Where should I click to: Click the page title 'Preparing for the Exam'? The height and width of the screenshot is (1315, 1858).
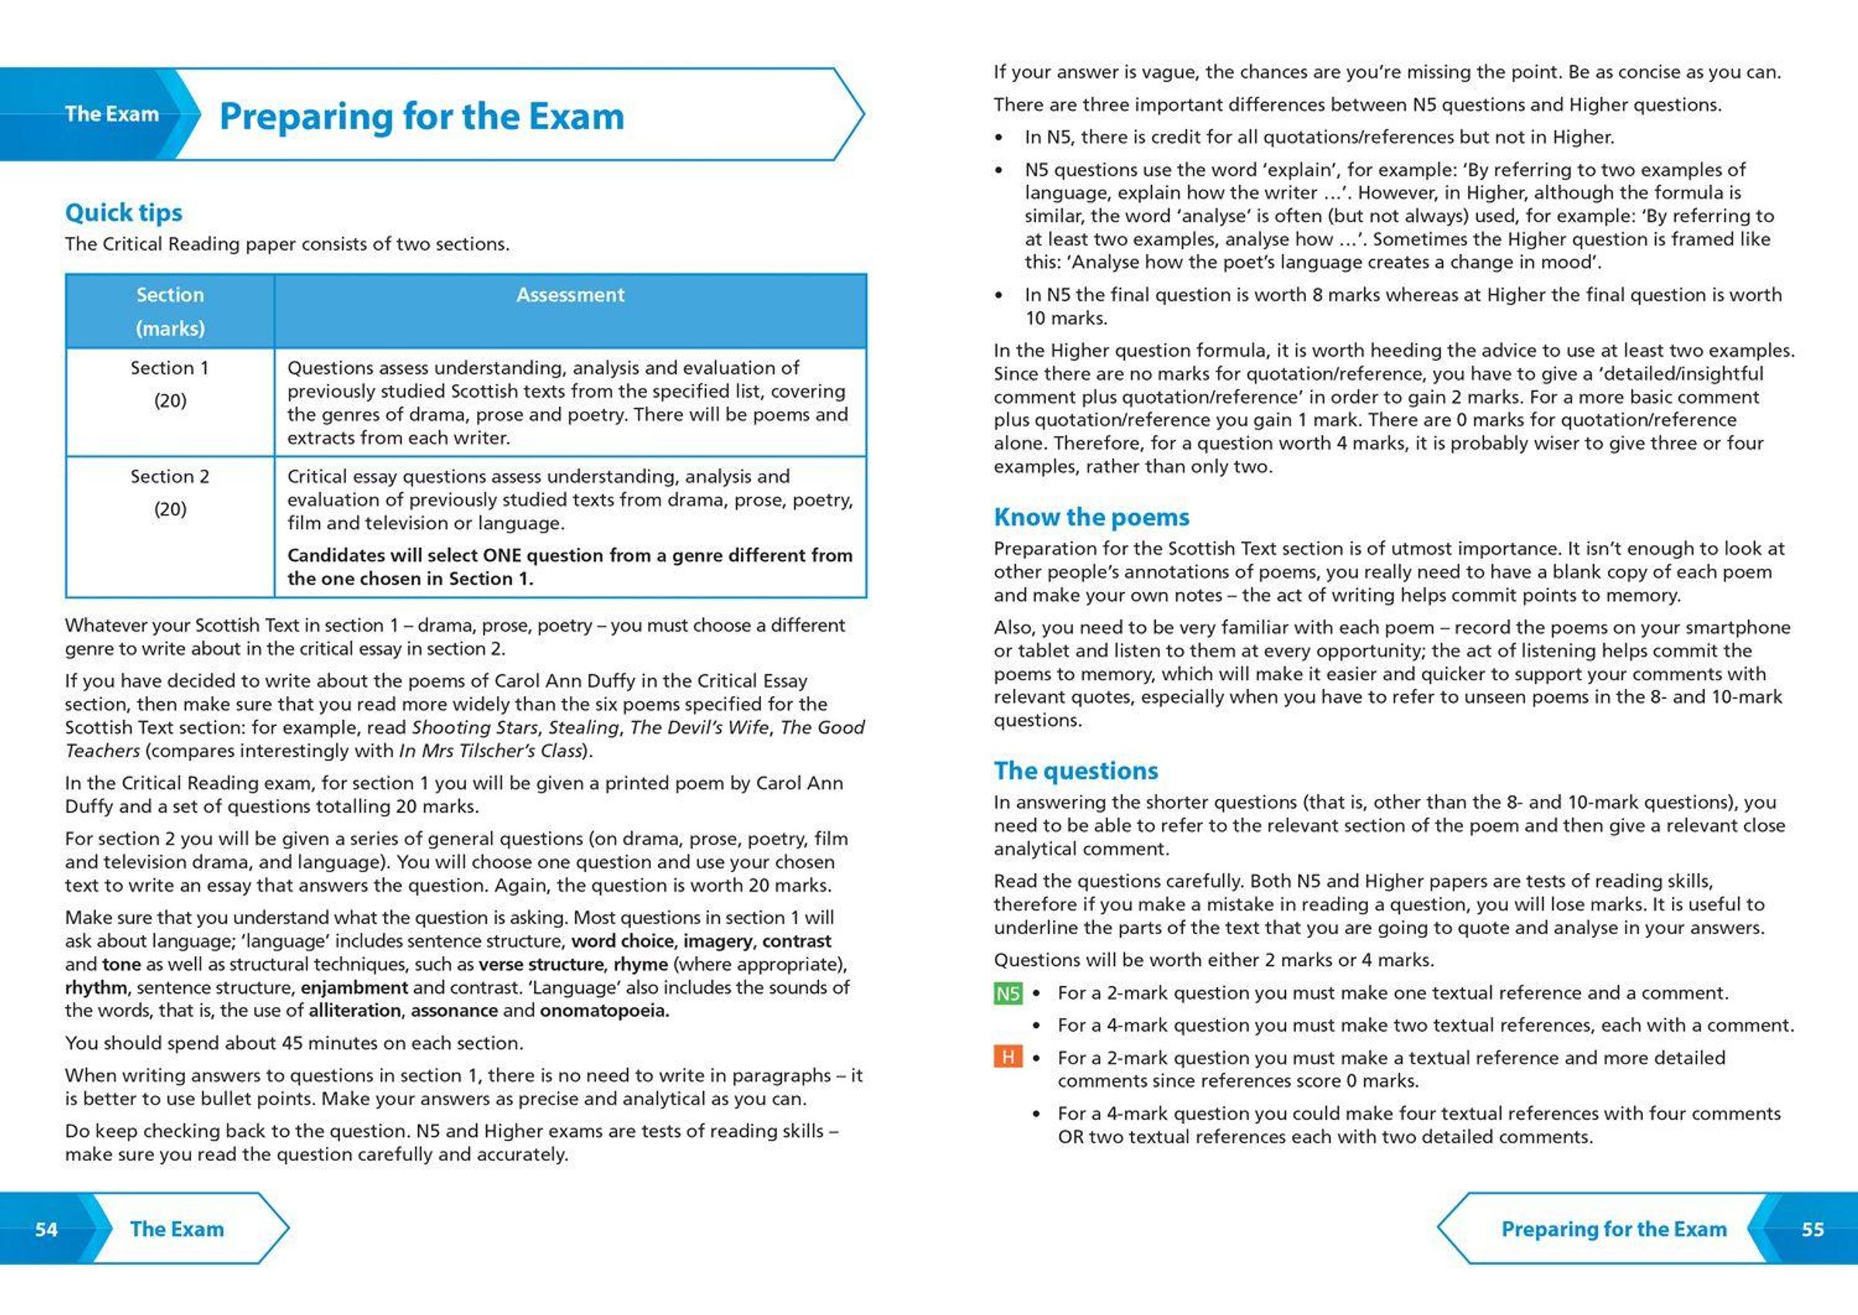[x=421, y=117]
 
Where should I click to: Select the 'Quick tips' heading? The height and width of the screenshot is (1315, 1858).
[x=123, y=212]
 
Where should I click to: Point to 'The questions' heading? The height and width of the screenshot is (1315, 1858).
[x=1075, y=770]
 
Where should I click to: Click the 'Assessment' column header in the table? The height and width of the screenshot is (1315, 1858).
[x=571, y=295]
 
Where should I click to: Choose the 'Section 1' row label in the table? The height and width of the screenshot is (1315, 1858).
[x=170, y=368]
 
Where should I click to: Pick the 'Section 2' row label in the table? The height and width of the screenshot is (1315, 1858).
[x=170, y=477]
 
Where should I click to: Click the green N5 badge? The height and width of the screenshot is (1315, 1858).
[x=1007, y=994]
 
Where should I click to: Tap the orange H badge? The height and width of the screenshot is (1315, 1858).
[x=1007, y=1057]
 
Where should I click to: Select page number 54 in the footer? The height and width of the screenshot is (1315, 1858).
[x=46, y=1229]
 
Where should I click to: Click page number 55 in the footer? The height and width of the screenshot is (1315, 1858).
[x=1812, y=1229]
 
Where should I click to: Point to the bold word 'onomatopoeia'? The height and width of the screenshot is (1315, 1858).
[x=604, y=1012]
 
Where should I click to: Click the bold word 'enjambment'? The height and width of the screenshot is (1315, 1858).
[x=354, y=988]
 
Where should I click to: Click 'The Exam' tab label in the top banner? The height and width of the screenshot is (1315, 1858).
[x=111, y=115]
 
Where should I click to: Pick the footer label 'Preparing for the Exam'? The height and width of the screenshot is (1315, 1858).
[x=1613, y=1229]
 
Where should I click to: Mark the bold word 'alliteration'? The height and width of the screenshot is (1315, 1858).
[x=354, y=1012]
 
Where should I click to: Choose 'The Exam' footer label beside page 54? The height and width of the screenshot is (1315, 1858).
[x=177, y=1229]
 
